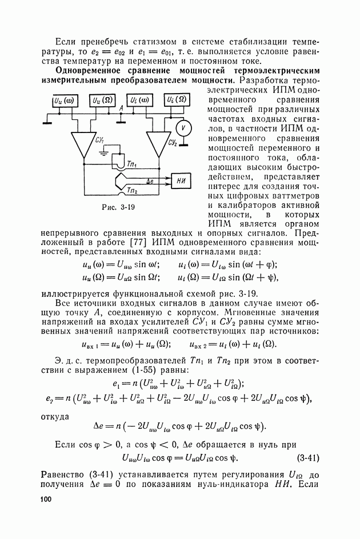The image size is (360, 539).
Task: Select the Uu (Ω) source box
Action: [x=102, y=100]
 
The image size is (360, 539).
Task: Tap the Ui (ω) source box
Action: [x=139, y=100]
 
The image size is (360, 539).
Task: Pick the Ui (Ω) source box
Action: [x=178, y=100]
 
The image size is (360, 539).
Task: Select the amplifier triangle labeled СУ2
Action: [x=157, y=144]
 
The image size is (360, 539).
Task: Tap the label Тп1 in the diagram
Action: [x=134, y=164]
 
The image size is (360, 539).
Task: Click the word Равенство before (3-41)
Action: [x=66, y=476]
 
